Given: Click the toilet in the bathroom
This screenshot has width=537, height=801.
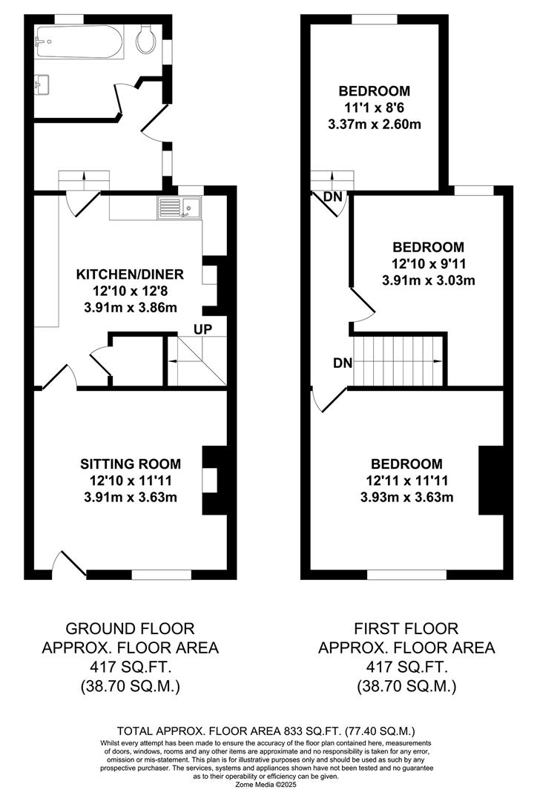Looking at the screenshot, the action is [x=146, y=38].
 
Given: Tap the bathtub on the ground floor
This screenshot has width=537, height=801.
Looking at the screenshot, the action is [x=79, y=42].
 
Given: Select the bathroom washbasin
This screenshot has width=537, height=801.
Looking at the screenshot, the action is [x=42, y=85].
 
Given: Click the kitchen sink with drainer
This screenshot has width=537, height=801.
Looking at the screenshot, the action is [x=179, y=208].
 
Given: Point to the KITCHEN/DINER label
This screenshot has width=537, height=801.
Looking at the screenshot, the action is [x=130, y=274].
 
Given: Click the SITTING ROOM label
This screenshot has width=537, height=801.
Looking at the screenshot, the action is [x=131, y=464].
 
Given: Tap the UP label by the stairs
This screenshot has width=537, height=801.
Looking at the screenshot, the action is [x=202, y=329].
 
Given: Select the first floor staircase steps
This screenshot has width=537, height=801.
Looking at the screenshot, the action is [x=398, y=360].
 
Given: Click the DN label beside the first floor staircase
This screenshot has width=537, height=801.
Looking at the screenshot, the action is [x=343, y=363].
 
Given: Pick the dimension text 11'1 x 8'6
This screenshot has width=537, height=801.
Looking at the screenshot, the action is [x=375, y=108].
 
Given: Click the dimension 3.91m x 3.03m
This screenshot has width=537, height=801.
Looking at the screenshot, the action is [x=429, y=280].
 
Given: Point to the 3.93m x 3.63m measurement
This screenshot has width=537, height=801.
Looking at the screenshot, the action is [x=406, y=497].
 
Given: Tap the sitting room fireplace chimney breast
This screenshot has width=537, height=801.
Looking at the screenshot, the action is [x=215, y=480].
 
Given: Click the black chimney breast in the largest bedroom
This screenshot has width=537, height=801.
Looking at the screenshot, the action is [x=491, y=480].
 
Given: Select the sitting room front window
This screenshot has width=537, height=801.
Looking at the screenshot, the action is [x=162, y=575].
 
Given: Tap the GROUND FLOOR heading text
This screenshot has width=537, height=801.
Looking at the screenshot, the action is [x=131, y=628].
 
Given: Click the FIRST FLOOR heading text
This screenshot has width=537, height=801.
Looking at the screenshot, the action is [x=406, y=628].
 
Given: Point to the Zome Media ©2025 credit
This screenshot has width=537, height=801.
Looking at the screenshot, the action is [x=266, y=784].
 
